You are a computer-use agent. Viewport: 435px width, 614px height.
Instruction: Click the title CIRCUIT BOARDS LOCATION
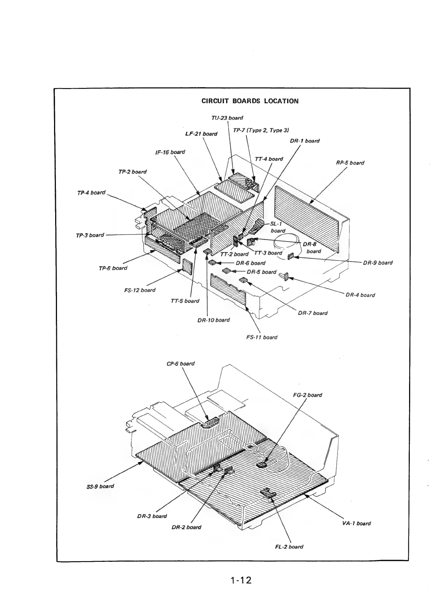click(250, 101)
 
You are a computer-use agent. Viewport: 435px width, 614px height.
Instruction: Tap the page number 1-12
click(241, 580)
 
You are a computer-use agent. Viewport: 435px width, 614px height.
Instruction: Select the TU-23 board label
click(227, 118)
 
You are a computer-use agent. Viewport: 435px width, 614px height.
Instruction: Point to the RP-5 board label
click(350, 163)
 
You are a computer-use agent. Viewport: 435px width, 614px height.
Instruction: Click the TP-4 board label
click(91, 192)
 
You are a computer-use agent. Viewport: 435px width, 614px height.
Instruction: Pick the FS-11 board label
click(262, 337)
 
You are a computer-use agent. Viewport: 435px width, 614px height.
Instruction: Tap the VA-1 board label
click(356, 523)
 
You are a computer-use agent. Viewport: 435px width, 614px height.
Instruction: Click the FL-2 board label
click(289, 547)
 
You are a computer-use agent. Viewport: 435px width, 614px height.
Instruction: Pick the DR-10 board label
click(213, 320)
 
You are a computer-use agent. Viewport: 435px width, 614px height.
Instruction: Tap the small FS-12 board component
click(187, 267)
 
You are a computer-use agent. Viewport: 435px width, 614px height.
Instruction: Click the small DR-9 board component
click(291, 256)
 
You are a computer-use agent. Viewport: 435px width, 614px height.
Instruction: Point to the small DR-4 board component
click(285, 277)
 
